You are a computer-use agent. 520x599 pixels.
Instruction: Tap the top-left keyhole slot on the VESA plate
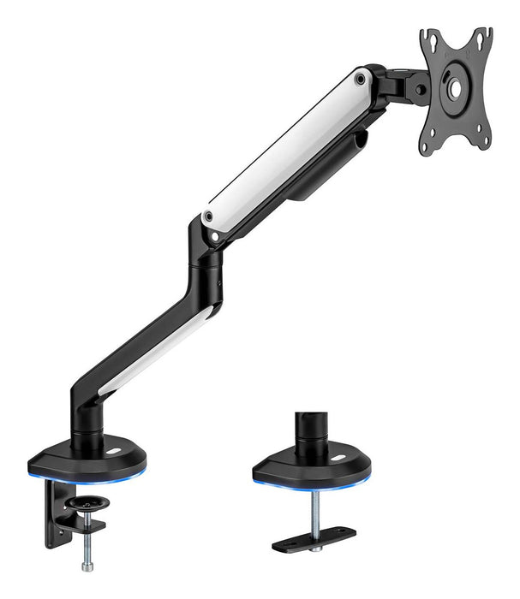coord(427,39)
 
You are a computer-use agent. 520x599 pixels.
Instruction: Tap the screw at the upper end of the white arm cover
coord(362,78)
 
